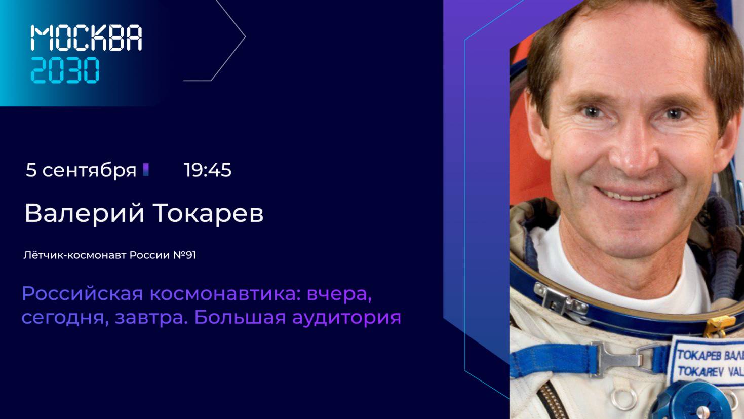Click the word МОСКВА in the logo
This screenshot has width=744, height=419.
point(87,37)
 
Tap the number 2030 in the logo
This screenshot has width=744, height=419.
point(65,70)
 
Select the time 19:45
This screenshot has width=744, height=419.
point(208,170)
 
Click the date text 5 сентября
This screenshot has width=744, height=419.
point(81,170)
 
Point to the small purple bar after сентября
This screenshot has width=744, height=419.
point(146,169)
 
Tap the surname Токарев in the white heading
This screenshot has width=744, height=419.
point(208,213)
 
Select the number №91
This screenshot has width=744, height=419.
point(185,255)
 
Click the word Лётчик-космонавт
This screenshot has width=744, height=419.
point(75,255)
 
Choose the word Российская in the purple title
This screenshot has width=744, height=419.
point(83,294)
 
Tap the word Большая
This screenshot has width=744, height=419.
point(240,317)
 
